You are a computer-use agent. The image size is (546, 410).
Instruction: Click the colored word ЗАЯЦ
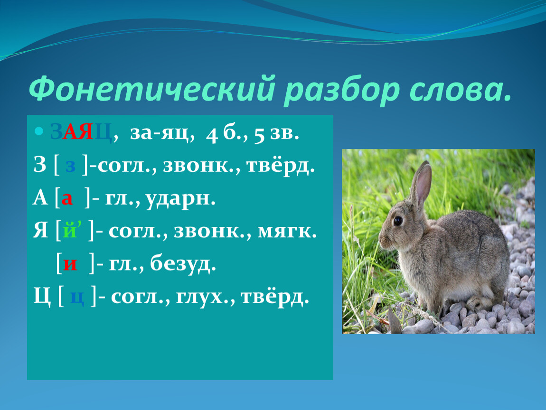(81, 132)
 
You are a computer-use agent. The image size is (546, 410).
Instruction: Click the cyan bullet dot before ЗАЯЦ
(38, 131)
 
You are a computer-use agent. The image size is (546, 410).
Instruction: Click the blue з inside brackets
(71, 166)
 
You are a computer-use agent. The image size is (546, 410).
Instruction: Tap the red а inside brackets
(67, 199)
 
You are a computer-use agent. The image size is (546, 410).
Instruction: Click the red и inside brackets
(70, 264)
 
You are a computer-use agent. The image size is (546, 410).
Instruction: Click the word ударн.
(180, 198)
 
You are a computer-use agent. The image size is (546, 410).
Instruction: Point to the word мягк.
(287, 231)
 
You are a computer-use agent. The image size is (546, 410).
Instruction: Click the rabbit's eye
(398, 220)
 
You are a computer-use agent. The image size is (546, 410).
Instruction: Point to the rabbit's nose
(381, 240)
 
